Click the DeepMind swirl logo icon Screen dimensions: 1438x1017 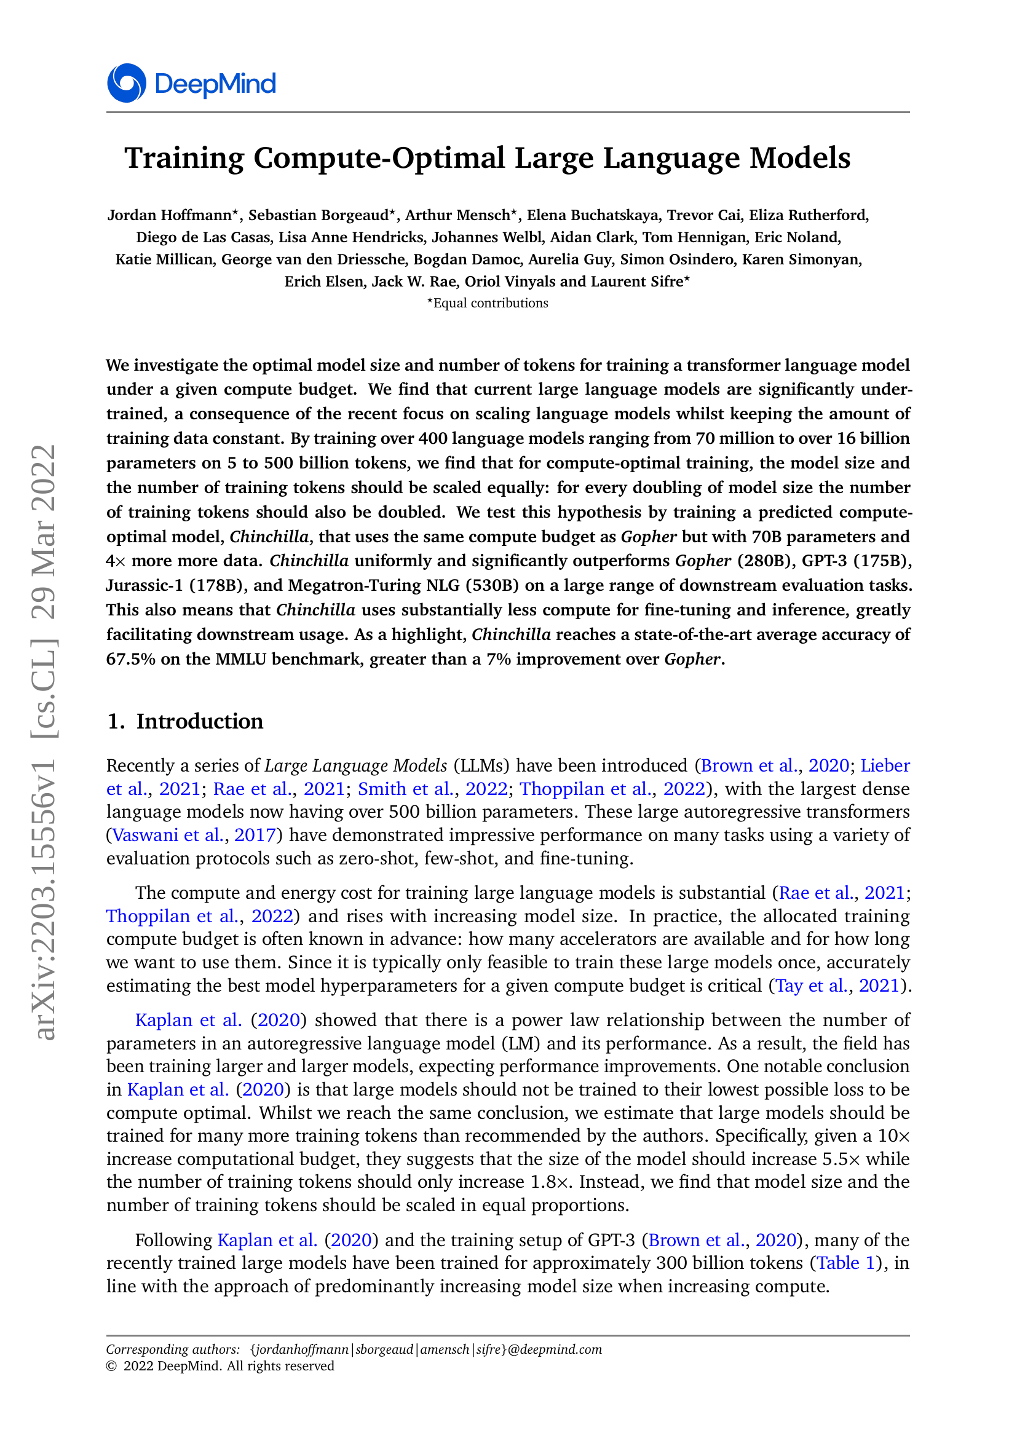tap(127, 83)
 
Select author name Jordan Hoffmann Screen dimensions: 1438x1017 tap(170, 215)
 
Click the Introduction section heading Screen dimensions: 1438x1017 tap(199, 722)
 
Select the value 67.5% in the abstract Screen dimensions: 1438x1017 tap(130, 660)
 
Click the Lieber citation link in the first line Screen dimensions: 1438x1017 tap(885, 766)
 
